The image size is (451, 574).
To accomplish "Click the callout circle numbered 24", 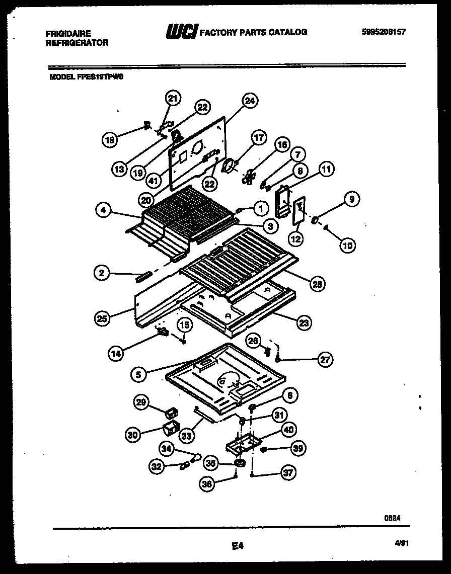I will pyautogui.click(x=249, y=100).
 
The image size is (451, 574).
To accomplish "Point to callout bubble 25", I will pyautogui.click(x=103, y=317).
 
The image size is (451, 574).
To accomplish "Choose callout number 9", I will pyautogui.click(x=351, y=200).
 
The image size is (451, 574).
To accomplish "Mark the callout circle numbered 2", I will pyautogui.click(x=102, y=273).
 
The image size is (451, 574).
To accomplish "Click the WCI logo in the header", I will pyautogui.click(x=182, y=32).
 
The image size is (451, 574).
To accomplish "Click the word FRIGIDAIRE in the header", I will pyautogui.click(x=68, y=34).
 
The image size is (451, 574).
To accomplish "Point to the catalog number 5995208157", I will pyautogui.click(x=383, y=32).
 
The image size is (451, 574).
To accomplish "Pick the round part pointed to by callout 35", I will pyautogui.click(x=240, y=462).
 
